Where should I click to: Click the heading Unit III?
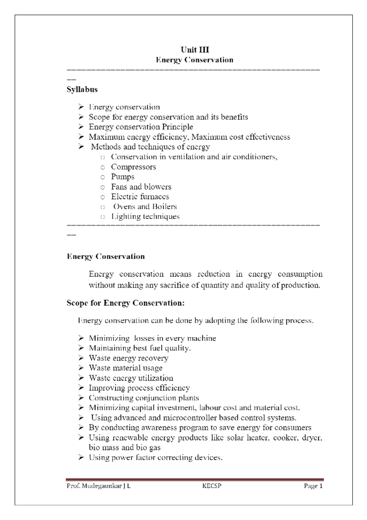click(x=195, y=50)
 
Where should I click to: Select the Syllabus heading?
click(x=82, y=89)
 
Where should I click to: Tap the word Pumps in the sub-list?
click(x=122, y=177)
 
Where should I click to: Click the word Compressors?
click(x=133, y=167)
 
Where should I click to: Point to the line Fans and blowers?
click(x=141, y=187)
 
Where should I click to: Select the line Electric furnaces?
click(x=140, y=197)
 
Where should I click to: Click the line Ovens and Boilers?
click(x=145, y=207)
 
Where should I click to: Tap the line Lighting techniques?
click(x=145, y=217)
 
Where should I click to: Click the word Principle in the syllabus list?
click(x=177, y=127)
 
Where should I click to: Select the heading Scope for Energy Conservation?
click(x=125, y=303)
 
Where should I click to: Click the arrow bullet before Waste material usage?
click(x=81, y=368)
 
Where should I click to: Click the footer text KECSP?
click(x=212, y=486)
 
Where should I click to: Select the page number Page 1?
click(x=313, y=486)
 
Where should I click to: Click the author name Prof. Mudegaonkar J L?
click(x=98, y=486)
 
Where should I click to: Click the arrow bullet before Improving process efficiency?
click(x=81, y=388)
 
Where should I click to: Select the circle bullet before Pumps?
click(x=103, y=177)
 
